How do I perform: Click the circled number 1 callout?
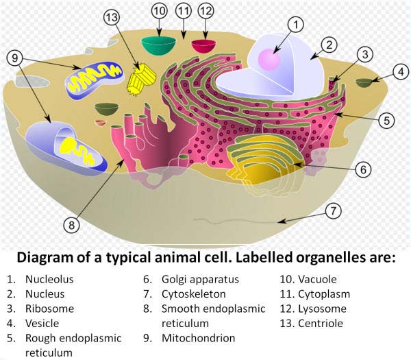tap(296, 25)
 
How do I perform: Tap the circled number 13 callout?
tap(112, 17)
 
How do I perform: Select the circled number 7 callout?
tap(333, 211)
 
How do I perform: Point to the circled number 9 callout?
tap(14, 58)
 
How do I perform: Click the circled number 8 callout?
tap(71, 225)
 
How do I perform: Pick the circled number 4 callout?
tap(401, 71)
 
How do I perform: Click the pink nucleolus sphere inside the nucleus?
tap(269, 60)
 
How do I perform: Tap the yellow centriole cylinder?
tap(141, 78)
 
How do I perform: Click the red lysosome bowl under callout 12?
tap(203, 46)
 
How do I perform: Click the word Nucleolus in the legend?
tap(49, 279)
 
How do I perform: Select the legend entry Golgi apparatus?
tap(200, 279)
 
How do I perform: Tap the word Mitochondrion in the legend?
tap(199, 338)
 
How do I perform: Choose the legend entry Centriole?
tap(321, 323)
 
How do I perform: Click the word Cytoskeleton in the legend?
tap(194, 294)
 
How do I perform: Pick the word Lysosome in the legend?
tap(323, 309)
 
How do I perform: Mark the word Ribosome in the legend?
tap(49, 309)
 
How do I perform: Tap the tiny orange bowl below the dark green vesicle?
tap(101, 122)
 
